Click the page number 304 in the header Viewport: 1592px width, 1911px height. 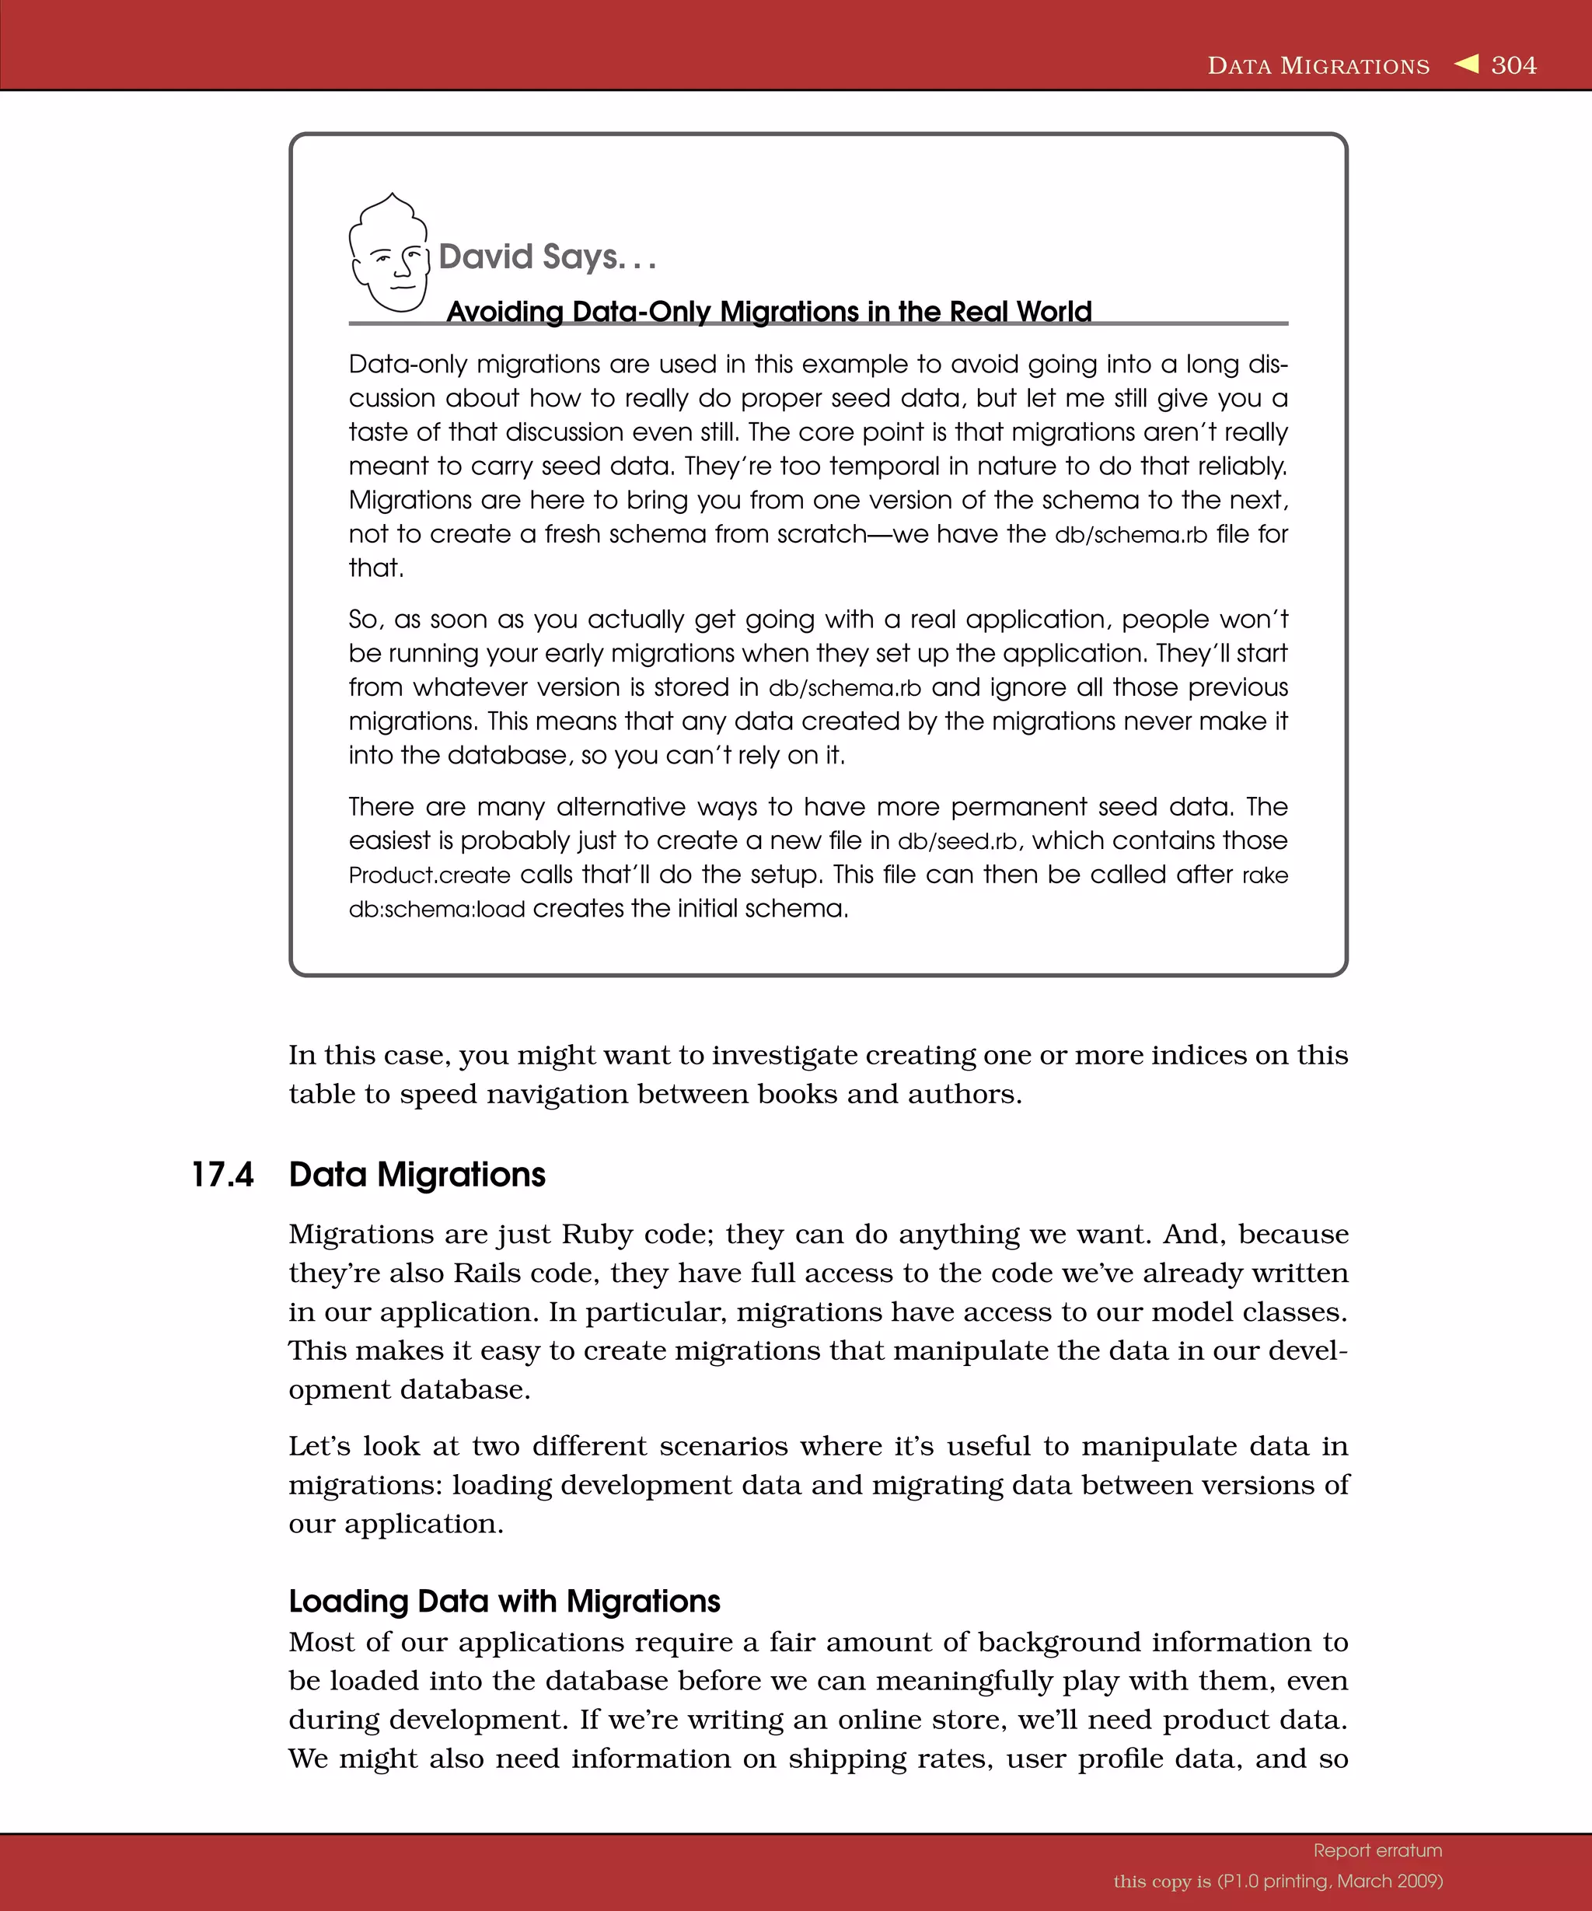point(1513,65)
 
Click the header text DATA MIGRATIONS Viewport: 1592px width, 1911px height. point(1318,66)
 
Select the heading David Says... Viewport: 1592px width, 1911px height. point(546,257)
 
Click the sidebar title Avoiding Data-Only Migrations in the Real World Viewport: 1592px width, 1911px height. point(769,311)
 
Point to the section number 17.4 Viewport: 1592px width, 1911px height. point(222,1175)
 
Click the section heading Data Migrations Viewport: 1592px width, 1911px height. point(417,1175)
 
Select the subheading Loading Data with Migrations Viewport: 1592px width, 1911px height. point(504,1601)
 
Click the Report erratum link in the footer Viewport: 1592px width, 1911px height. point(1377,1850)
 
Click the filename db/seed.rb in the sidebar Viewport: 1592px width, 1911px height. point(957,841)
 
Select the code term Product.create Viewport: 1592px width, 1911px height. point(429,875)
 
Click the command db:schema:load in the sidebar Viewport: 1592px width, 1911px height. point(437,909)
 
